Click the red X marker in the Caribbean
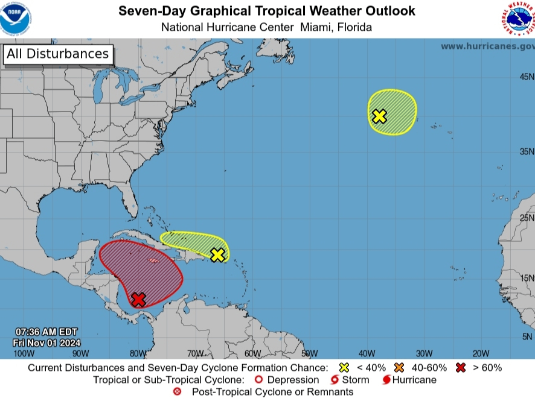coord(138,298)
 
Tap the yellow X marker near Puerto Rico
coord(217,254)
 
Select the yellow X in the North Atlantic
coord(379,116)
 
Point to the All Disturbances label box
coord(58,54)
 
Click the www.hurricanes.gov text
coord(487,46)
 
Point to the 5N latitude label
coord(528,336)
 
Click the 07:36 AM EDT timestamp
coord(46,332)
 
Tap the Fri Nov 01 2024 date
coord(46,343)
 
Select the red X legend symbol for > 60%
coord(461,367)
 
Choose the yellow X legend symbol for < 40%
coord(345,367)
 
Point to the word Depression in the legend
coord(293,380)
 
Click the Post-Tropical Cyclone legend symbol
coord(177,392)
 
